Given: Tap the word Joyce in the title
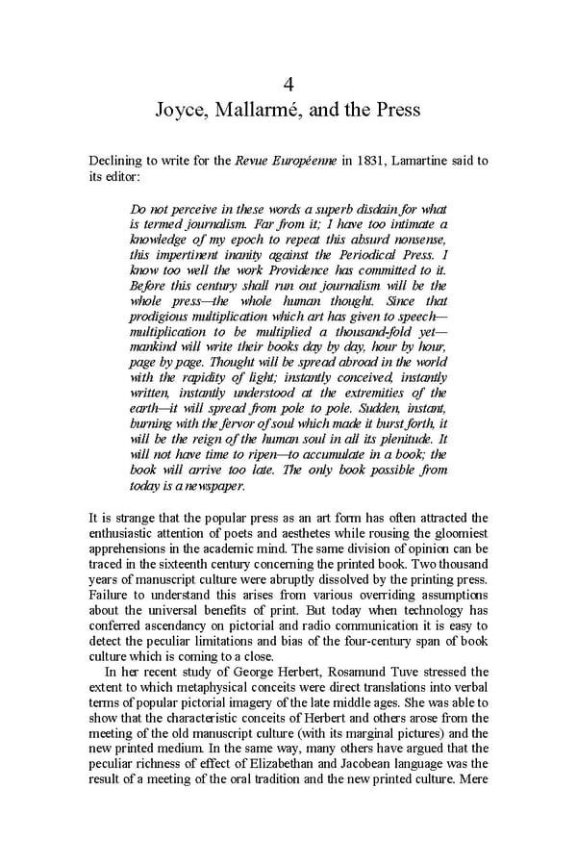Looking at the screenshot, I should [x=181, y=111].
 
